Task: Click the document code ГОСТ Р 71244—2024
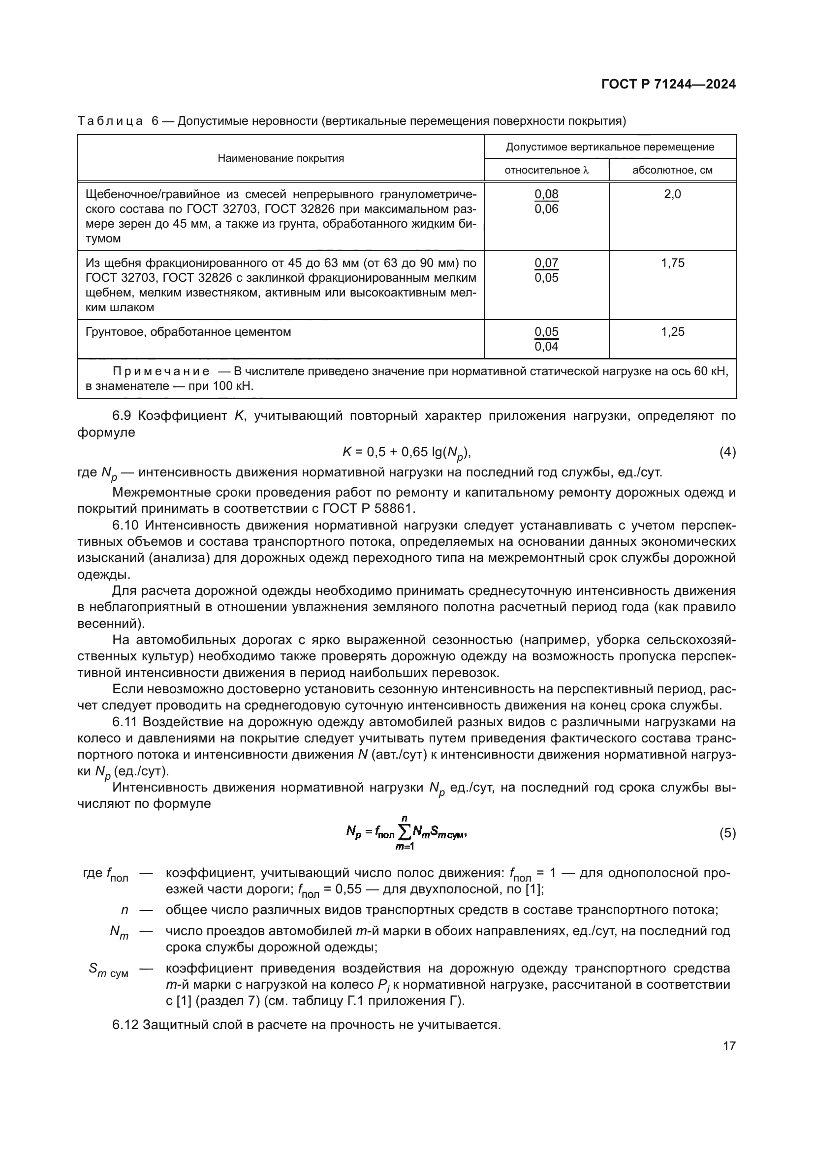[668, 84]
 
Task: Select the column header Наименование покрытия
[281, 158]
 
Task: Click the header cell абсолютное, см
[672, 170]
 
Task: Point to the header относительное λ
[546, 170]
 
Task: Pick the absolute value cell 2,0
[672, 194]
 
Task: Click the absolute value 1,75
[672, 263]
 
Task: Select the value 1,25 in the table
[672, 331]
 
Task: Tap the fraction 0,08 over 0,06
[546, 202]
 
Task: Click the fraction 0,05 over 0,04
[546, 339]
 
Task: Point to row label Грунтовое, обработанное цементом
[188, 331]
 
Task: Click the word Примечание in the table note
[161, 371]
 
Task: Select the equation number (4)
[727, 452]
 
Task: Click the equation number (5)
[727, 833]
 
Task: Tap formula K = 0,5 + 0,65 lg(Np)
[407, 453]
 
